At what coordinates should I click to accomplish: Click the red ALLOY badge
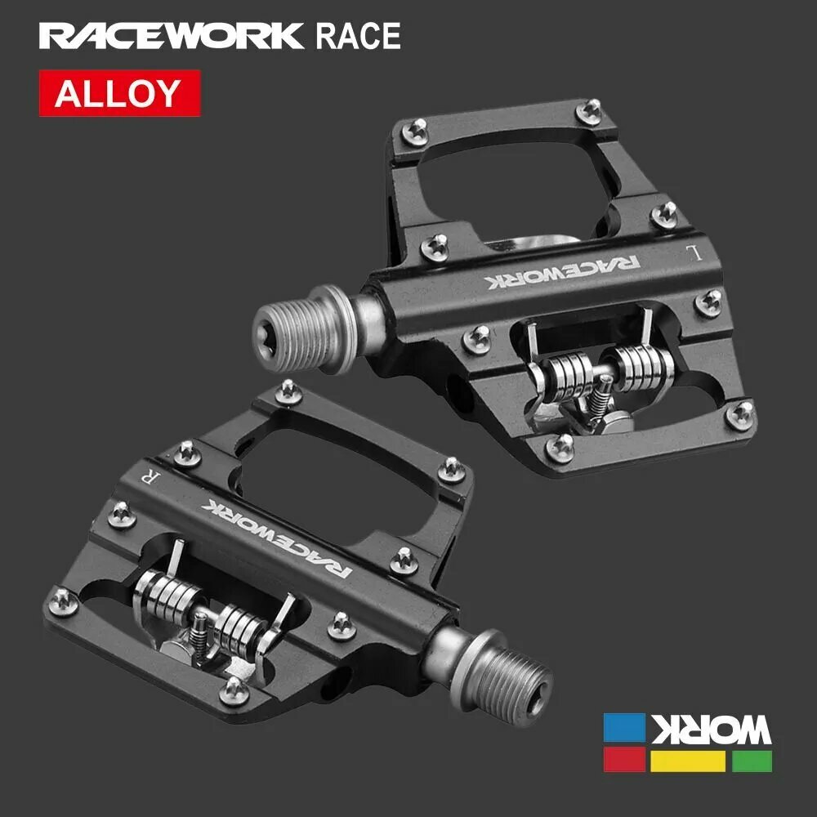pos(119,93)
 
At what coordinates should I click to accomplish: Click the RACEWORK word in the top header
pos(172,37)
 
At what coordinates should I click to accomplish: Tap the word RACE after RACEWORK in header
pos(358,37)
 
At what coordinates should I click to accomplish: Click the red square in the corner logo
pos(623,761)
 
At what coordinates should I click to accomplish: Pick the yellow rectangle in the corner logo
pos(688,761)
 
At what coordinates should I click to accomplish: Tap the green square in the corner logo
pos(752,761)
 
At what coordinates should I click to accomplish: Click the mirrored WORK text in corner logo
pos(709,728)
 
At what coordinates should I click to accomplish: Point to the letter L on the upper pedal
pos(695,252)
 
